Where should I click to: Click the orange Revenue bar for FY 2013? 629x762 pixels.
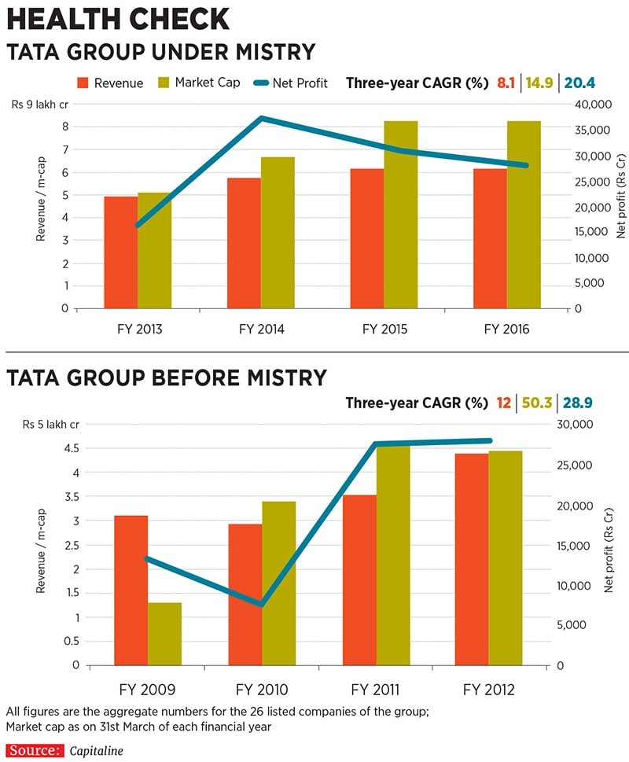121,252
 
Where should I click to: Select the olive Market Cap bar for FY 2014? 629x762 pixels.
278,233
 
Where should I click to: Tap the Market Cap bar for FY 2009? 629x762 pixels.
164,634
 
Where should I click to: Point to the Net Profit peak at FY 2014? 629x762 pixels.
262,119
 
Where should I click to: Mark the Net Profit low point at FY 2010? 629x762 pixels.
262,605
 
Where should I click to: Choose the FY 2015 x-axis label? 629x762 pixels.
384,330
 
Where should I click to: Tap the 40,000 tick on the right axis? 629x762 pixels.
593,105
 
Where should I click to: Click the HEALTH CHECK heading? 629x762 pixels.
119,19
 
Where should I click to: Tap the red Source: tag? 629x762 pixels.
34,750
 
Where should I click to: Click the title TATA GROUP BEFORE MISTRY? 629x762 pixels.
167,378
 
